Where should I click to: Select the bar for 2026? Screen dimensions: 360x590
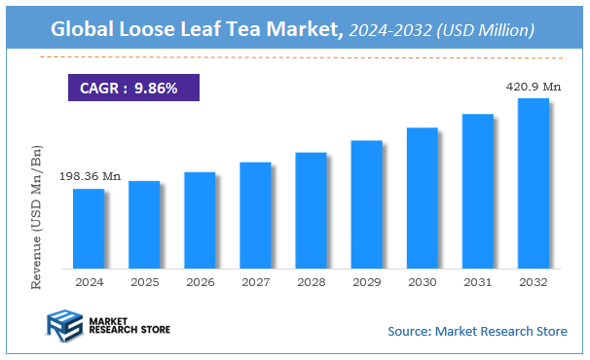click(x=200, y=220)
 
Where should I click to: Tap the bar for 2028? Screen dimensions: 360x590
click(x=311, y=210)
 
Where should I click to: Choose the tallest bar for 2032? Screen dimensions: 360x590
click(x=533, y=183)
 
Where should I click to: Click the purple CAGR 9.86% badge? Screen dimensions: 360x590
click(x=132, y=88)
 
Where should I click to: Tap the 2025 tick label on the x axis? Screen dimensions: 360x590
click(x=144, y=281)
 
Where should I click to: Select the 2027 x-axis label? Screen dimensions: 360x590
click(x=255, y=281)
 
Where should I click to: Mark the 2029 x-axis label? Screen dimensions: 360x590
click(x=366, y=281)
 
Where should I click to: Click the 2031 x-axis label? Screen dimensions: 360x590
click(x=477, y=281)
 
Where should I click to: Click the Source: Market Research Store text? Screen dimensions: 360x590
click(x=477, y=332)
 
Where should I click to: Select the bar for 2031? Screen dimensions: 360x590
click(x=477, y=191)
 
